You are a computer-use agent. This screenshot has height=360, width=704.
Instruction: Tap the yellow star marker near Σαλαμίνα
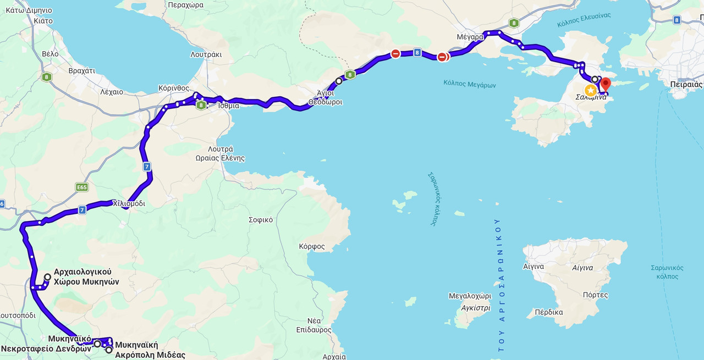(591, 90)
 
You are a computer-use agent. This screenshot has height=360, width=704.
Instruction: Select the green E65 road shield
(82, 187)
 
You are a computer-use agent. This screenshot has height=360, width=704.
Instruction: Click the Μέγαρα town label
(470, 37)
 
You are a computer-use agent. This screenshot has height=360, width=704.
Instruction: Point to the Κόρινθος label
(173, 88)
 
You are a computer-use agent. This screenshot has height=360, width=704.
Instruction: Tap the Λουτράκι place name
(206, 54)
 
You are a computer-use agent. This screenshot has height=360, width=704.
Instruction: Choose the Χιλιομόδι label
(129, 203)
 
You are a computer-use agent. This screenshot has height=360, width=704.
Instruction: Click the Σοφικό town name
(261, 219)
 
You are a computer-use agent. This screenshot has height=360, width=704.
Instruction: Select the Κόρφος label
(312, 246)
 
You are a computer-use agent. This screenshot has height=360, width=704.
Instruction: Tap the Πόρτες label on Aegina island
(595, 295)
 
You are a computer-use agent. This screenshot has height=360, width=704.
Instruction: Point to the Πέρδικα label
(548, 312)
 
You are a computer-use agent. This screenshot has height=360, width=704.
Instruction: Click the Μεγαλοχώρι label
(470, 296)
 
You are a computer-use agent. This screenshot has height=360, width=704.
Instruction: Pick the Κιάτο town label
(43, 21)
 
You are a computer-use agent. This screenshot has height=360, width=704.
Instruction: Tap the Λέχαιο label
(112, 92)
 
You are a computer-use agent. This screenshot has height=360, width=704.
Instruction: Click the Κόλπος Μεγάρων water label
(469, 85)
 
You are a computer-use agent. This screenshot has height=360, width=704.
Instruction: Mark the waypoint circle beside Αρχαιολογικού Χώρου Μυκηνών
(48, 278)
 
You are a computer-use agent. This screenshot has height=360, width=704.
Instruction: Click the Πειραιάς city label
(686, 85)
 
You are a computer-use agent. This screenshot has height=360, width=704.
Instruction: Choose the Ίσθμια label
(228, 106)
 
